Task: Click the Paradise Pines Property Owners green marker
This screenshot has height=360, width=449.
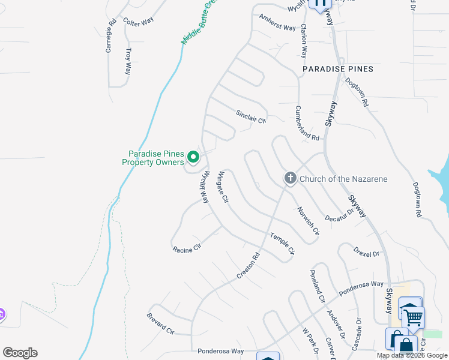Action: click(x=193, y=157)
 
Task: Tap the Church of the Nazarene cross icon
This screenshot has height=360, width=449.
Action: click(x=291, y=178)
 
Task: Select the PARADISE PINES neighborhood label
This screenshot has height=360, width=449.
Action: click(x=338, y=69)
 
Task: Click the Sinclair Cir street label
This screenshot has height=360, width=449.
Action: click(x=250, y=116)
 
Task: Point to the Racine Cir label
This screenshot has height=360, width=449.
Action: click(x=186, y=248)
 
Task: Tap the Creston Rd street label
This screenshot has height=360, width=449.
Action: click(x=248, y=265)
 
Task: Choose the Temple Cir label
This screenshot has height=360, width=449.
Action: click(x=282, y=244)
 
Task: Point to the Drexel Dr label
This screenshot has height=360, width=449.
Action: click(x=367, y=251)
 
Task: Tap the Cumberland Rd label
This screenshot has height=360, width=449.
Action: click(x=307, y=123)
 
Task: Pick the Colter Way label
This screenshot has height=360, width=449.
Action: click(x=138, y=21)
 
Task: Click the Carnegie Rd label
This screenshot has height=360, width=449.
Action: click(x=110, y=37)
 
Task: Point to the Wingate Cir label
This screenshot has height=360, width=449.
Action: click(x=223, y=187)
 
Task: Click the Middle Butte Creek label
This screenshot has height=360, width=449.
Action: click(x=199, y=23)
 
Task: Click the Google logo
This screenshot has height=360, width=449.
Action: click(x=20, y=353)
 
